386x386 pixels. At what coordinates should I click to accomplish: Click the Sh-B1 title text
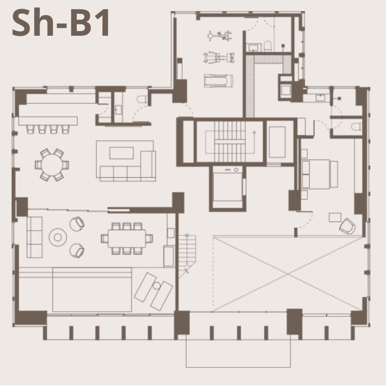pos(61,23)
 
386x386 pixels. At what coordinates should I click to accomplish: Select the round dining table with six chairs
pos(52,165)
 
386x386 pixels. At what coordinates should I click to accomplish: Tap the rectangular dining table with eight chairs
pos(127,238)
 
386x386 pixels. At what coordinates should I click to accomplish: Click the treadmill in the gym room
pos(218,81)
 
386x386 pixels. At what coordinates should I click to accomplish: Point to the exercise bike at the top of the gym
pos(219,36)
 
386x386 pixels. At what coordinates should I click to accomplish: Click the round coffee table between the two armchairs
pos(58,237)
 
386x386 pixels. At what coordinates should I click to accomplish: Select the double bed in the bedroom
pos(319,174)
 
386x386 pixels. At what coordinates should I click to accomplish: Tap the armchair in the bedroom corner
pos(347,226)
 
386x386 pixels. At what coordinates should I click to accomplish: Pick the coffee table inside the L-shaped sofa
pos(122,153)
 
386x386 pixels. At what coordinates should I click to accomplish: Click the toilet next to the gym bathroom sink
pos(267,47)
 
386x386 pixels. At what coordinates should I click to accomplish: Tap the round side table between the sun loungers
pos(157,285)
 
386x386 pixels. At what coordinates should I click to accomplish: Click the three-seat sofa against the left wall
pos(34,237)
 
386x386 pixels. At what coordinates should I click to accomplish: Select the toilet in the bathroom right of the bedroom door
pos(356,127)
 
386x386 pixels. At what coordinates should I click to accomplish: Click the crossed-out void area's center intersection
pos(288,274)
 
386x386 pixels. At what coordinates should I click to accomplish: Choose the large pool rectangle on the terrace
pos(92,290)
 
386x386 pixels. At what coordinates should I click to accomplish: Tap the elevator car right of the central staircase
pos(277,142)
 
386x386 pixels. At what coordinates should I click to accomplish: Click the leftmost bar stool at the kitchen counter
pos(30,129)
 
